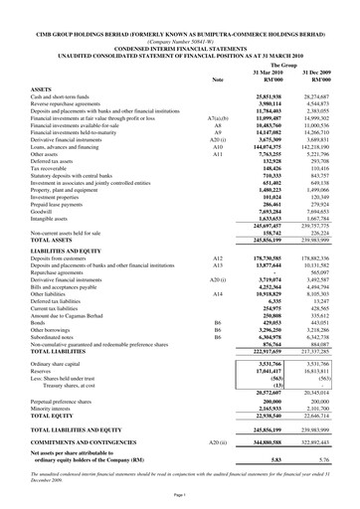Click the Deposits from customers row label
(66, 257)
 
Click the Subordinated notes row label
(58, 336)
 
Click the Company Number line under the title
(179, 27)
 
